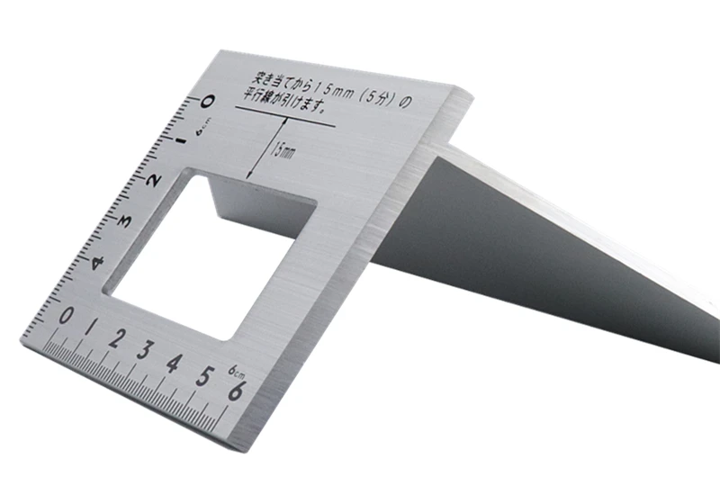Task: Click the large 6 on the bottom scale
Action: [x=237, y=391]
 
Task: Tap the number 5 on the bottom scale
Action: [x=205, y=376]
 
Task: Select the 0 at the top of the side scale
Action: [x=207, y=101]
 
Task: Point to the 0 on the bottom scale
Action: [x=66, y=316]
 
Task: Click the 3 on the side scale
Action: [x=124, y=221]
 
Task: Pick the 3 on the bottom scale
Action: [x=146, y=350]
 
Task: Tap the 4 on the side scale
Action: [x=97, y=263]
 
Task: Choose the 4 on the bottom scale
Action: [x=175, y=364]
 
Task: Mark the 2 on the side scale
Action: [x=153, y=180]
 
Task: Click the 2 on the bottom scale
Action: [x=118, y=338]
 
